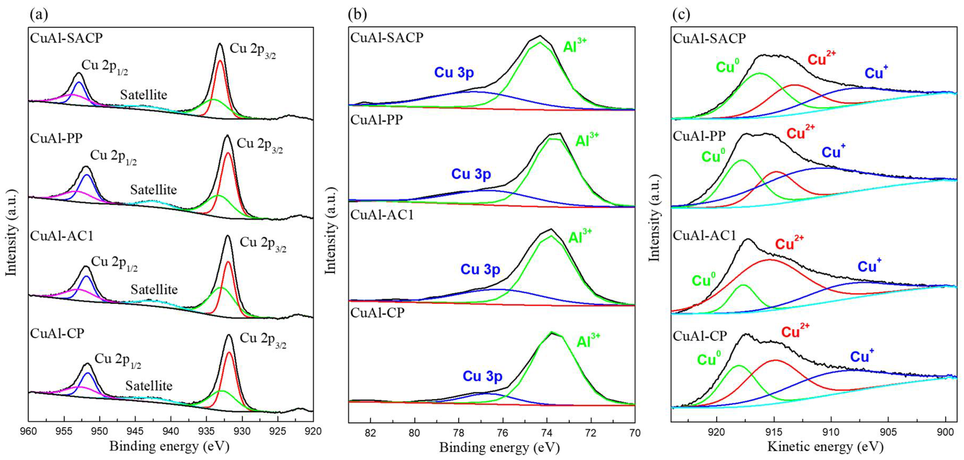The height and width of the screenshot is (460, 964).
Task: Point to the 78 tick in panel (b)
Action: (x=459, y=433)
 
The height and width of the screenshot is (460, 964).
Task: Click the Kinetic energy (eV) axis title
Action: (x=825, y=447)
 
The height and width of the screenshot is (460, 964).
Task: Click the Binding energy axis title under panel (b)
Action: (x=499, y=447)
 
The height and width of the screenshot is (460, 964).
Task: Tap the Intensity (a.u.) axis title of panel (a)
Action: (x=11, y=232)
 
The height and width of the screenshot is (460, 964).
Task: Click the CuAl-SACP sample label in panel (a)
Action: (x=66, y=38)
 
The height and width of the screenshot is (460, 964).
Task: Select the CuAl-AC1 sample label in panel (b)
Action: (x=382, y=215)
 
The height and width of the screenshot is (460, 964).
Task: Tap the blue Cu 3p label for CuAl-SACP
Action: (x=454, y=72)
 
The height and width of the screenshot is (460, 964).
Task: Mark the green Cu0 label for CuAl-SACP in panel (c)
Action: (x=727, y=66)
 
